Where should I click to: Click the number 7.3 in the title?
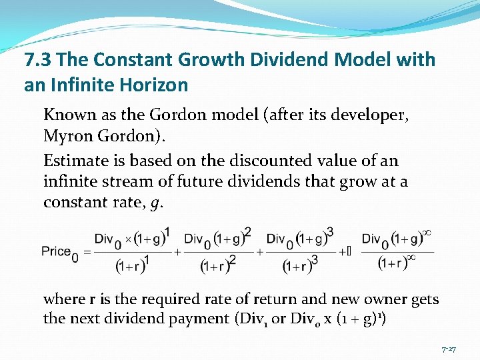pyautogui.click(x=39, y=61)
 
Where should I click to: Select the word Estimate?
pyautogui.click(x=72, y=161)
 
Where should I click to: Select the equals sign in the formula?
pyautogui.click(x=85, y=253)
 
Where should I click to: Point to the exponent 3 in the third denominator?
pyautogui.click(x=314, y=260)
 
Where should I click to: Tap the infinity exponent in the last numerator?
pyautogui.click(x=427, y=233)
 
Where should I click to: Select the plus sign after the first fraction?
pyautogui.click(x=177, y=253)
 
